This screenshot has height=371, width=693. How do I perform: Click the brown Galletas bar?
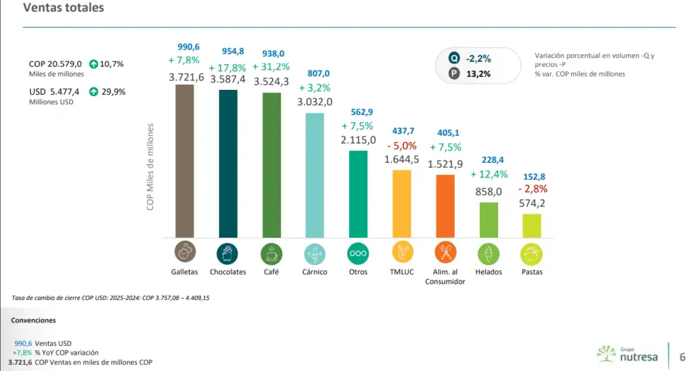[184, 161]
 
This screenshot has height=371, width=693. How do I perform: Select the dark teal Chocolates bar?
[228, 164]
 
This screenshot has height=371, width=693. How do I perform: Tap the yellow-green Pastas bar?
[532, 226]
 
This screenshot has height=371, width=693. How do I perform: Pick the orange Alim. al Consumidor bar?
[445, 207]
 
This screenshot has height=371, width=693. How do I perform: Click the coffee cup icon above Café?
[271, 253]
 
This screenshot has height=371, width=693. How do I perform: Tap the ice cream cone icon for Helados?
[489, 253]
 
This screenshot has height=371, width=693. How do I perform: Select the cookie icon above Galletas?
[185, 252]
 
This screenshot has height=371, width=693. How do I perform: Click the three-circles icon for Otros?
[358, 253]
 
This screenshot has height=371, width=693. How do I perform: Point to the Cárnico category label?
[315, 272]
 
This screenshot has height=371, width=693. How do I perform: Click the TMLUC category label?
[402, 272]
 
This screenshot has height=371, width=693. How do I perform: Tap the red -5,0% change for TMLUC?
[402, 145]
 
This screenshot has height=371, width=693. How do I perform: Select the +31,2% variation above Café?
[271, 67]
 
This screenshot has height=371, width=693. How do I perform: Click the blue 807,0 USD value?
[318, 73]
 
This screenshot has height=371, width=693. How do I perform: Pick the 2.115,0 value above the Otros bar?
[358, 140]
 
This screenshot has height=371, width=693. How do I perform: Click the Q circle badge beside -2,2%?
[454, 58]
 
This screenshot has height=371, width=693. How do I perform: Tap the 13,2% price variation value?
[478, 74]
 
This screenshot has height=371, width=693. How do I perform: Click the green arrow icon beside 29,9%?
[93, 92]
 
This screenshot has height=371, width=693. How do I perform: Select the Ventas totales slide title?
[64, 7]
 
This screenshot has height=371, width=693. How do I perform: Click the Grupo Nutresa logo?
[627, 354]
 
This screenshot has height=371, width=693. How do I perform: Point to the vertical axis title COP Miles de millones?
[150, 167]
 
